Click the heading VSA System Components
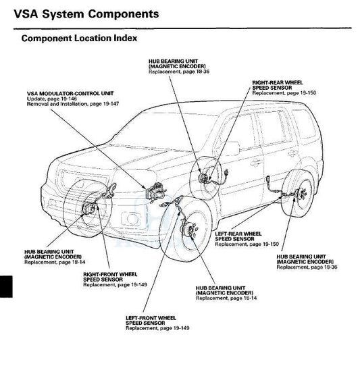(x=86, y=14)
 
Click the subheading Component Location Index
(x=79, y=38)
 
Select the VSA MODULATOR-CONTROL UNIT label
(x=70, y=93)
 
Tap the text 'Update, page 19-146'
(x=52, y=99)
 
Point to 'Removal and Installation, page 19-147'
(x=73, y=104)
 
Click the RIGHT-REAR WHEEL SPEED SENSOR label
(x=278, y=85)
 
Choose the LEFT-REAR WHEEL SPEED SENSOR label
(x=238, y=236)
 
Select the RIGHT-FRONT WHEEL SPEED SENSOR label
(x=110, y=277)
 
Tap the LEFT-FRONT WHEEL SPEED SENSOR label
(x=151, y=321)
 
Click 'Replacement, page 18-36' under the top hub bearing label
(x=179, y=72)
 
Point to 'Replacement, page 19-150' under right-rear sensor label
(x=284, y=93)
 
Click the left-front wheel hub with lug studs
(x=189, y=230)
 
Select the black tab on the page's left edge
(x=6, y=286)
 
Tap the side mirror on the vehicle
(x=232, y=149)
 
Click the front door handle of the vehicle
(x=255, y=163)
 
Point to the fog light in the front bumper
(x=130, y=219)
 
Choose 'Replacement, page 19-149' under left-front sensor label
(x=157, y=328)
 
